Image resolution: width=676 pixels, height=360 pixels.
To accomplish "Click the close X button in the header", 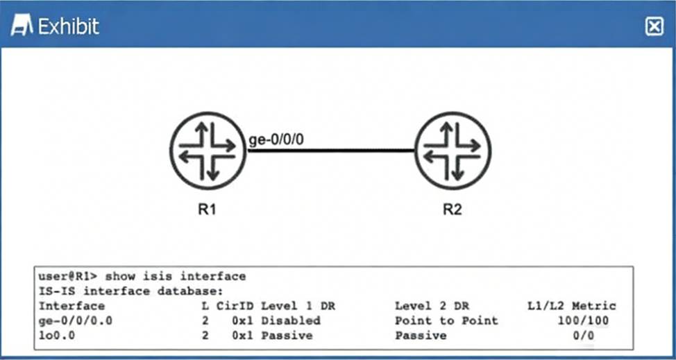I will click(x=654, y=26).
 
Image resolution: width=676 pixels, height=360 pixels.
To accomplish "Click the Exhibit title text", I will click(x=68, y=27).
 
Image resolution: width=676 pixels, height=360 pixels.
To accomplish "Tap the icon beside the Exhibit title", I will click(x=22, y=27).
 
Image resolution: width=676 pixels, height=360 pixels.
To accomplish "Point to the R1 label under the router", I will click(x=207, y=210).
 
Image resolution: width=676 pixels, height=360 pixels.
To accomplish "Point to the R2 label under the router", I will click(x=453, y=210).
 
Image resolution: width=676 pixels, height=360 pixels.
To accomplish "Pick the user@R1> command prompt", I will click(x=68, y=276).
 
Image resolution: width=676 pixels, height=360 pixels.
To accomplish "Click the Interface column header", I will click(x=71, y=305).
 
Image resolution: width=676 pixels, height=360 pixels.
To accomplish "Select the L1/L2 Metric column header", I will click(x=571, y=305).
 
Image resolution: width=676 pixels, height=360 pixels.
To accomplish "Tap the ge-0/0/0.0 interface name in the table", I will click(x=75, y=320).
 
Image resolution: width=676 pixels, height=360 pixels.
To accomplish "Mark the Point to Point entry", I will click(x=446, y=320).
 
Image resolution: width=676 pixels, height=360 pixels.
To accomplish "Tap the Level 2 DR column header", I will click(x=428, y=305).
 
